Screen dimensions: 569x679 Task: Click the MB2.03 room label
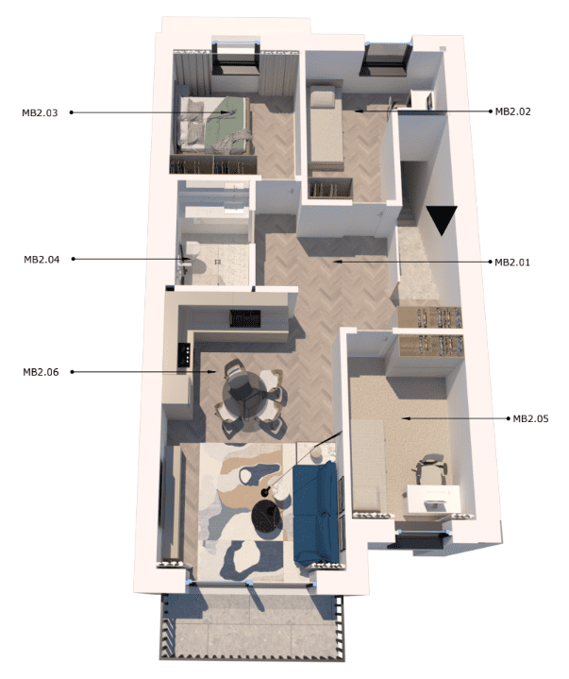40,113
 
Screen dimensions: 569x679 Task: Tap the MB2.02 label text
512,111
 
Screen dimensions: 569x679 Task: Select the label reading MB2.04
42,260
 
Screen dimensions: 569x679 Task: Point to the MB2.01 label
512,263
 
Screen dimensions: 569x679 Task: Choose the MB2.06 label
41,372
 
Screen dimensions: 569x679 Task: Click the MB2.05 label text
530,418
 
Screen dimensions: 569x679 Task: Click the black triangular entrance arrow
442,219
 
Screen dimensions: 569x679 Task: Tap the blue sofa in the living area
314,513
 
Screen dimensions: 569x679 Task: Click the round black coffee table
266,514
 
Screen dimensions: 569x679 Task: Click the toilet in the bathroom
194,259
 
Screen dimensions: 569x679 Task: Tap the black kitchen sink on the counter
245,318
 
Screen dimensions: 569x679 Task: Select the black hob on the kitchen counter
184,355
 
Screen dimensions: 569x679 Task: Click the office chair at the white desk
431,469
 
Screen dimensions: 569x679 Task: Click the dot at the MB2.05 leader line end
509,418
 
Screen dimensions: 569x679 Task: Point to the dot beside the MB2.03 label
72,112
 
